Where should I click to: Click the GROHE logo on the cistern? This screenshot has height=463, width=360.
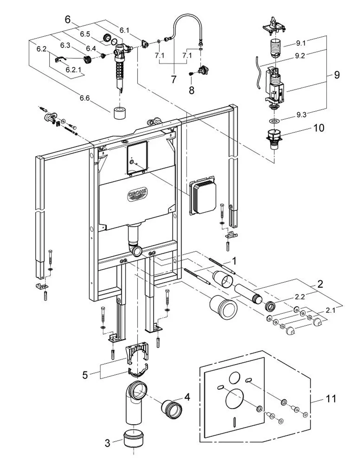point(138,194)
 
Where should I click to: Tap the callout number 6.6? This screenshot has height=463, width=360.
point(85,98)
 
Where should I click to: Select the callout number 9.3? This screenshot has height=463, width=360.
point(301,115)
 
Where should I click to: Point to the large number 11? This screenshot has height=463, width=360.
point(331,399)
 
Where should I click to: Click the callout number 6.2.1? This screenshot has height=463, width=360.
point(73,70)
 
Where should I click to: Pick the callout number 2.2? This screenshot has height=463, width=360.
point(300,297)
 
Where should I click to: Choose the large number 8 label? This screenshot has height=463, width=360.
point(192,90)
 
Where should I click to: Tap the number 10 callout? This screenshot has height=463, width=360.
point(319,128)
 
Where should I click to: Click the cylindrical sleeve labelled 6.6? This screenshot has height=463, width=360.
point(120,113)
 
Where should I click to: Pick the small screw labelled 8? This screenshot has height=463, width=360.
point(191,74)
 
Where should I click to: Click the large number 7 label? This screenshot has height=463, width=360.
point(174,80)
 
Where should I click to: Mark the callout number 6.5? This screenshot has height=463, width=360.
point(85,34)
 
